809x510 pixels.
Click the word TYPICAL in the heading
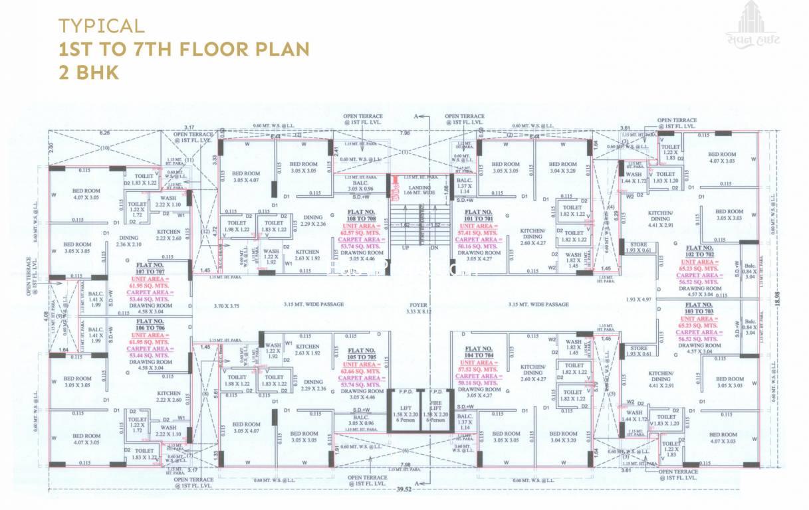(101, 27)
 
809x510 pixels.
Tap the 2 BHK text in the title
(88, 72)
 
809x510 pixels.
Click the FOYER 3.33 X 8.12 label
(416, 307)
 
